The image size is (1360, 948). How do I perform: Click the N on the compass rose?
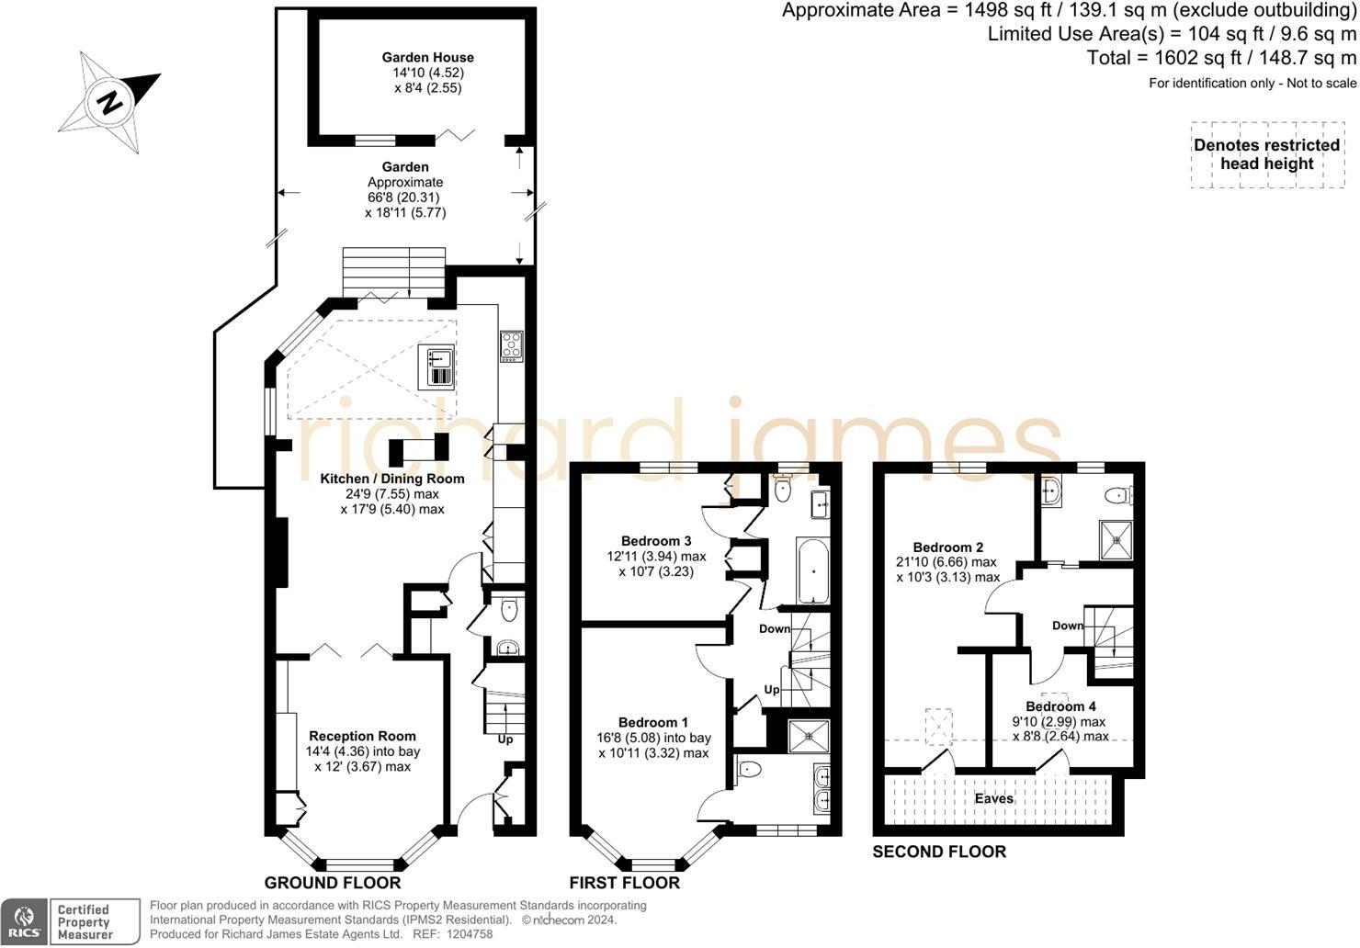coord(110,103)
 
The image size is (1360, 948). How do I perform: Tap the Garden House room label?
coord(427,58)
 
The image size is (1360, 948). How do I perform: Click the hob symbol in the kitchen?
coord(511,346)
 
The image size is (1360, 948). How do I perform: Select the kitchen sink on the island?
coord(436,367)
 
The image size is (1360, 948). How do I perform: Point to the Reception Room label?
coord(362,736)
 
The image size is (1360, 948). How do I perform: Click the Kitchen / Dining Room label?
coord(392,479)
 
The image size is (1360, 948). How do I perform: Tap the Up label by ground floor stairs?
coord(505,739)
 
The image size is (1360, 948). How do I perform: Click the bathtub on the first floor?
coord(812,570)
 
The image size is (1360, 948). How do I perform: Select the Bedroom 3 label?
coord(656,541)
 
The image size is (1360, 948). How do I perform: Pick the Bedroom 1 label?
coord(653,722)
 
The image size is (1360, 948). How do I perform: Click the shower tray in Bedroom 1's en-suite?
coord(809,736)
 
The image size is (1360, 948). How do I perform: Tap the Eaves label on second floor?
coord(994,798)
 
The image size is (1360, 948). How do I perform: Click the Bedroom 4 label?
coord(1060,706)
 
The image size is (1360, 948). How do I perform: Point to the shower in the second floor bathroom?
coord(1116,540)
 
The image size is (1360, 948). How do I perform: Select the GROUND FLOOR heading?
coord(333,883)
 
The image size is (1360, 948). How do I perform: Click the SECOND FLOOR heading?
coord(939,852)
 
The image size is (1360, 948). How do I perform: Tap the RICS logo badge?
coord(24,922)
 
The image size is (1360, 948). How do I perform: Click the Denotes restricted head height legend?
coord(1266,154)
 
